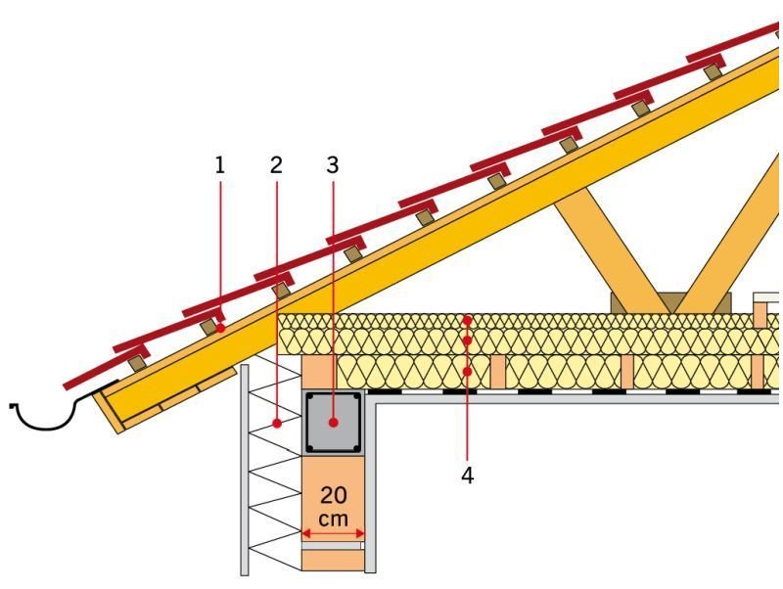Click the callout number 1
click(219, 165)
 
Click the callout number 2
click(276, 165)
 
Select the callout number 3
click(333, 165)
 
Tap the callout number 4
click(468, 476)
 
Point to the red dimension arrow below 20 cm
click(333, 534)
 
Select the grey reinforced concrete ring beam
click(333, 423)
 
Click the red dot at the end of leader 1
click(220, 329)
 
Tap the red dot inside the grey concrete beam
click(333, 423)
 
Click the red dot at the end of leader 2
click(277, 424)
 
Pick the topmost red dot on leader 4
click(468, 320)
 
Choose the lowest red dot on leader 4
click(468, 372)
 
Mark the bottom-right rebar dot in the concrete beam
click(356, 448)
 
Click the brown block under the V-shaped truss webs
click(671, 303)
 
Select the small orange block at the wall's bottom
click(333, 561)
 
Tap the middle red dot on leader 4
click(468, 340)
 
